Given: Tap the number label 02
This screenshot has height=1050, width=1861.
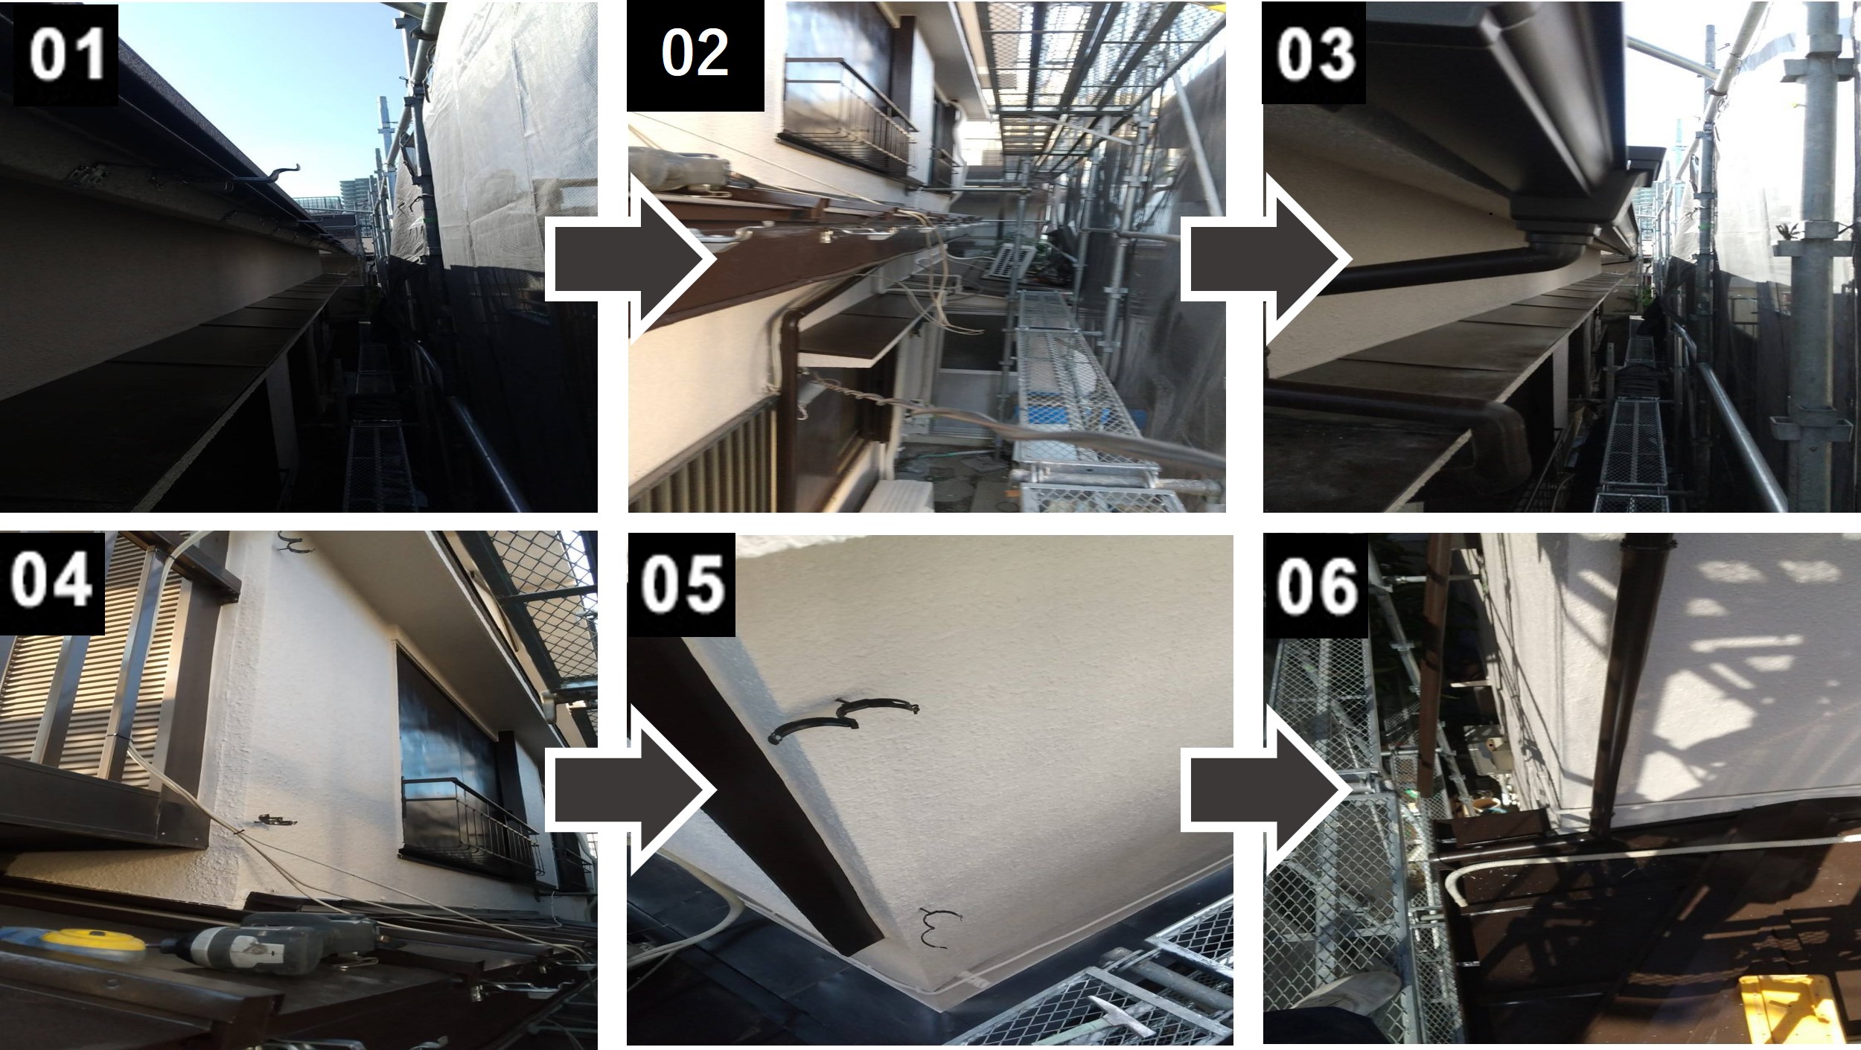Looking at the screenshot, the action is tap(695, 54).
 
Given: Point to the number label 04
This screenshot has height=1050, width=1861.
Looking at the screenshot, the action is tap(53, 580).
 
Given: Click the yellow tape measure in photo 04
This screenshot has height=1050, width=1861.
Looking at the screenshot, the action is tap(92, 941).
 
